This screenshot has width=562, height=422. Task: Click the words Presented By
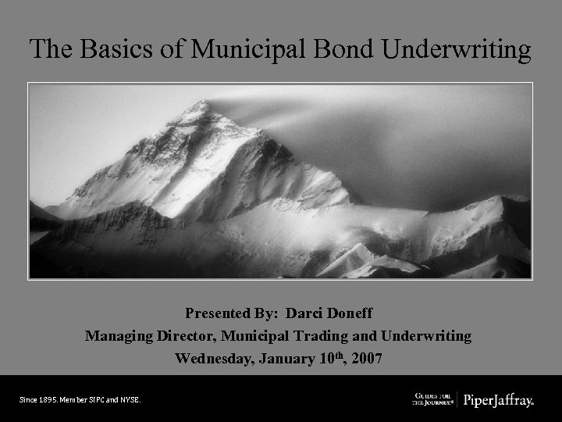pyautogui.click(x=232, y=313)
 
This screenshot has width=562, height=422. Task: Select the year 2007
pyautogui.click(x=368, y=359)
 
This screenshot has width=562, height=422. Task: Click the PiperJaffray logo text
pyautogui.click(x=499, y=401)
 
